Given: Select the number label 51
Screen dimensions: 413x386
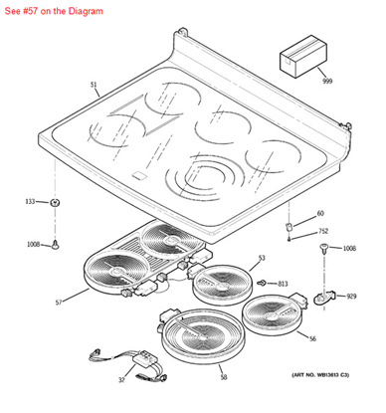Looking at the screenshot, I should (94, 86).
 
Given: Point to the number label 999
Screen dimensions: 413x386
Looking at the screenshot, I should (326, 80).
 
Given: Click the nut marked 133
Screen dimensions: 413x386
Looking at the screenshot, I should (56, 202).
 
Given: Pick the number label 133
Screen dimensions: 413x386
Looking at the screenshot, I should (30, 202).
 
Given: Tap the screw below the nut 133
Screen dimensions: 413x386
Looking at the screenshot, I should (57, 242).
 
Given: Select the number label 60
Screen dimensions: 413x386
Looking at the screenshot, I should (320, 214).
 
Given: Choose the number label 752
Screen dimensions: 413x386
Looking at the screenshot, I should (322, 231).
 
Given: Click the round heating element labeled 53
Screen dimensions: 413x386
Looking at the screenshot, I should (219, 284).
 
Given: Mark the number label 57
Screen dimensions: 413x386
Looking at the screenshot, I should (58, 302).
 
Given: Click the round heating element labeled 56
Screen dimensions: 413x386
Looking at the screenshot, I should (271, 317).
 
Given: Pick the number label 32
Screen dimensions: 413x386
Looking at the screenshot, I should (120, 379).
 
